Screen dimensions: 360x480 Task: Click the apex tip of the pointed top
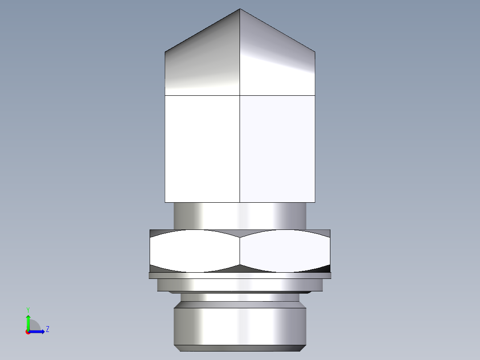240,9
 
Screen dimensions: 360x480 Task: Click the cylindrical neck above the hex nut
240,216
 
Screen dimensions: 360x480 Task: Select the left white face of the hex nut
195,251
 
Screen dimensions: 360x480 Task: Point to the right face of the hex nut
285,251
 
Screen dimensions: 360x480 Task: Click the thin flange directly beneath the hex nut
240,275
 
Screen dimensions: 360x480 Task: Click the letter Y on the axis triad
28,309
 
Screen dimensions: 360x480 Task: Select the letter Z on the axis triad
47,329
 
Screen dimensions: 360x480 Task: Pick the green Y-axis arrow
28,322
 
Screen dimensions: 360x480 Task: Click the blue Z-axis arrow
38,331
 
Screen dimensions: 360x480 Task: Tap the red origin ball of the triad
28,331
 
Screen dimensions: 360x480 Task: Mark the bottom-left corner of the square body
165,202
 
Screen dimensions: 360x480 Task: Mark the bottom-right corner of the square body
315,202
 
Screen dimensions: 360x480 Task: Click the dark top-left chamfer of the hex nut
155,233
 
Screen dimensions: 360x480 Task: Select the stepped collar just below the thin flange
240,285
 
